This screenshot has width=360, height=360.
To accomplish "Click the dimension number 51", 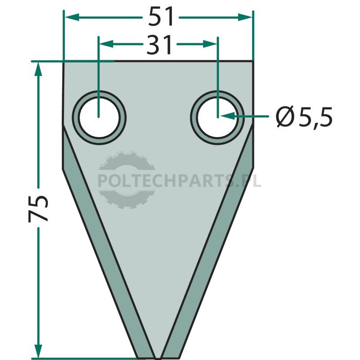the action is pos(161,17).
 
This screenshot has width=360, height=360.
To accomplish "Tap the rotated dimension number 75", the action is pos(38,208).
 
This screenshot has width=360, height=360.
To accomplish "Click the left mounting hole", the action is pos(99,117).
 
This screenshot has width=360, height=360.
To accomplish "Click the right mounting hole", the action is pos(217,117).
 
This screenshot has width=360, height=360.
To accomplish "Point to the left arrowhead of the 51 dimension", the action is pos(72,17).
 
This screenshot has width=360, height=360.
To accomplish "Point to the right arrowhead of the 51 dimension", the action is pos(245,17).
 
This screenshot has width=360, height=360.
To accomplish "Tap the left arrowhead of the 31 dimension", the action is pos(106,44).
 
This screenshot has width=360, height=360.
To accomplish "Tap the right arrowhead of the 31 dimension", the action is pos(210,44).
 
